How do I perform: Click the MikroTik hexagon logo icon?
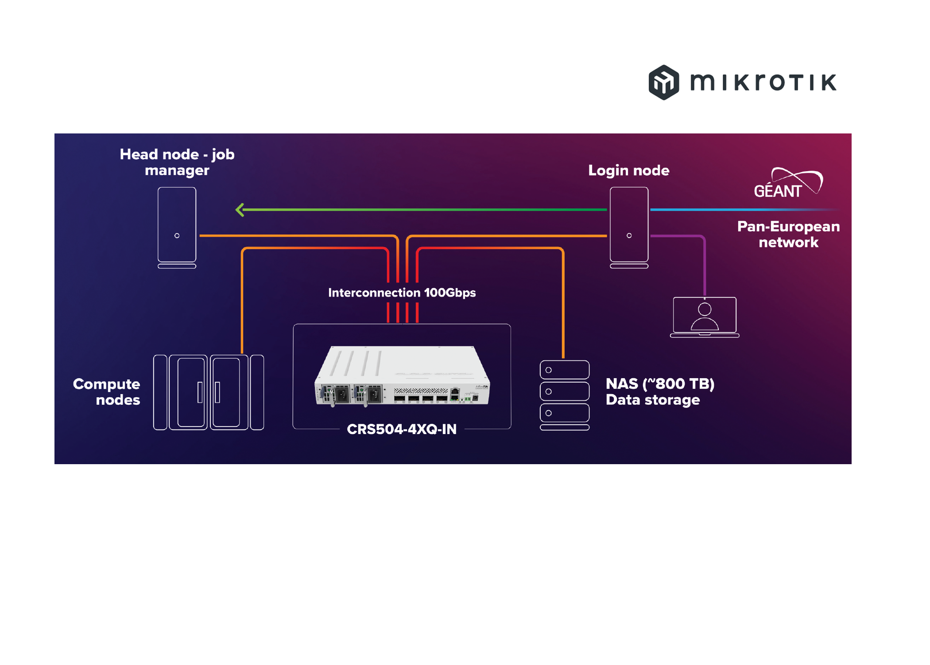coord(663,82)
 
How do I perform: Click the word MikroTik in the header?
coord(763,82)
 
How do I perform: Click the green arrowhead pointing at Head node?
coord(240,210)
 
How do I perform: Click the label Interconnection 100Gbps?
coord(402,293)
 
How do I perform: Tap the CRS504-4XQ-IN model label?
coord(401,429)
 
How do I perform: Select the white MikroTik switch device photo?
coord(402,376)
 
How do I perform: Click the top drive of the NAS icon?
coord(564,370)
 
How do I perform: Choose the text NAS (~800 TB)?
coord(659,383)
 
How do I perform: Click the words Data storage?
coord(652,400)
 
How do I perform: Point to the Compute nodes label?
coord(107,391)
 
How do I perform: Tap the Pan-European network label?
coord(788,234)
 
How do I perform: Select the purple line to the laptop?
coord(704,266)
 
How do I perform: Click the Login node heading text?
coord(628,170)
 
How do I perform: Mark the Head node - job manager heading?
coord(177,162)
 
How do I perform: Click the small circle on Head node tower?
coord(177,235)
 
